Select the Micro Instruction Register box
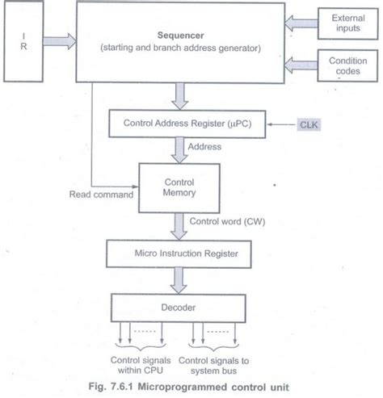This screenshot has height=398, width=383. click(183, 255)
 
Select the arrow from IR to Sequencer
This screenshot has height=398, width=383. click(60, 38)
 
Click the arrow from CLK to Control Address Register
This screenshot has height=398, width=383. click(283, 124)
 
